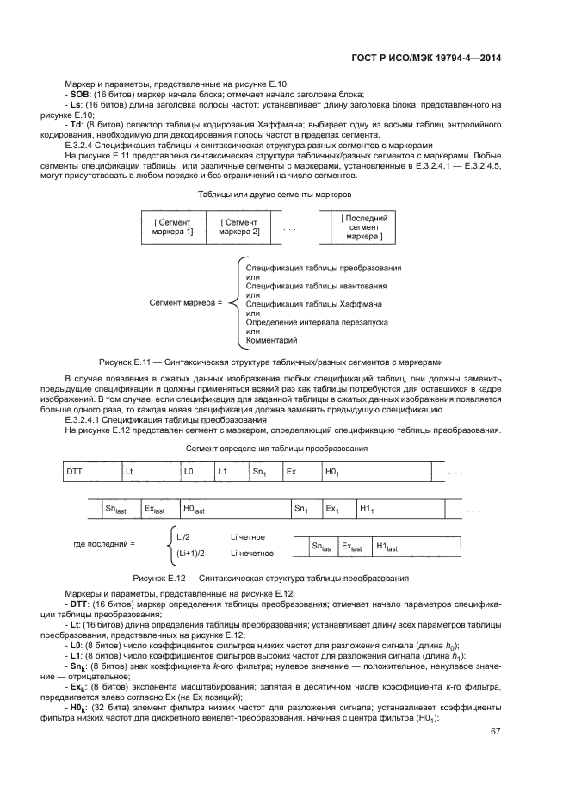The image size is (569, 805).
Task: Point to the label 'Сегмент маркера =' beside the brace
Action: coord(185,303)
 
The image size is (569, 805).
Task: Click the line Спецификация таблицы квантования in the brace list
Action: coord(316,286)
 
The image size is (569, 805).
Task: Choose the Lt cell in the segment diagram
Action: coord(150,473)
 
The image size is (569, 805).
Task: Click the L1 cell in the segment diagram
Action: coord(231,473)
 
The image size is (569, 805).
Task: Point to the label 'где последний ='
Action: coord(104,544)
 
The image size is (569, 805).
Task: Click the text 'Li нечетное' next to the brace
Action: coord(252,554)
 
